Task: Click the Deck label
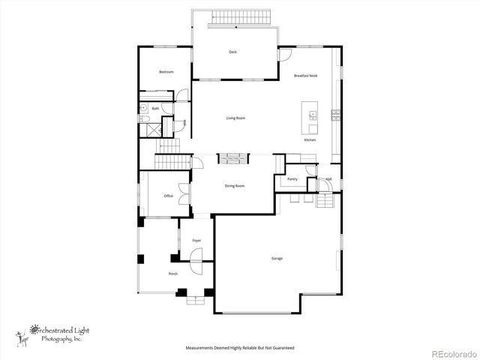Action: click(x=232, y=52)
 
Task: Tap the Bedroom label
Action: click(x=166, y=72)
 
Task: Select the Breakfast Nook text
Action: click(x=305, y=76)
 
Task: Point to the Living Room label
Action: click(x=236, y=118)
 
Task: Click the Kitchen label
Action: click(x=310, y=140)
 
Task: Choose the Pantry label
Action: click(x=292, y=180)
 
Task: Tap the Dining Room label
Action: click(x=235, y=186)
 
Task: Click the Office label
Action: click(x=169, y=196)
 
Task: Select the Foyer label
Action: click(x=196, y=241)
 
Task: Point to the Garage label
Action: click(x=277, y=259)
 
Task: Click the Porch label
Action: click(x=172, y=274)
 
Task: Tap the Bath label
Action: click(x=155, y=109)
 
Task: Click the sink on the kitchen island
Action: click(x=312, y=115)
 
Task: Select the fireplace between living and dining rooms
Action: click(x=228, y=158)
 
